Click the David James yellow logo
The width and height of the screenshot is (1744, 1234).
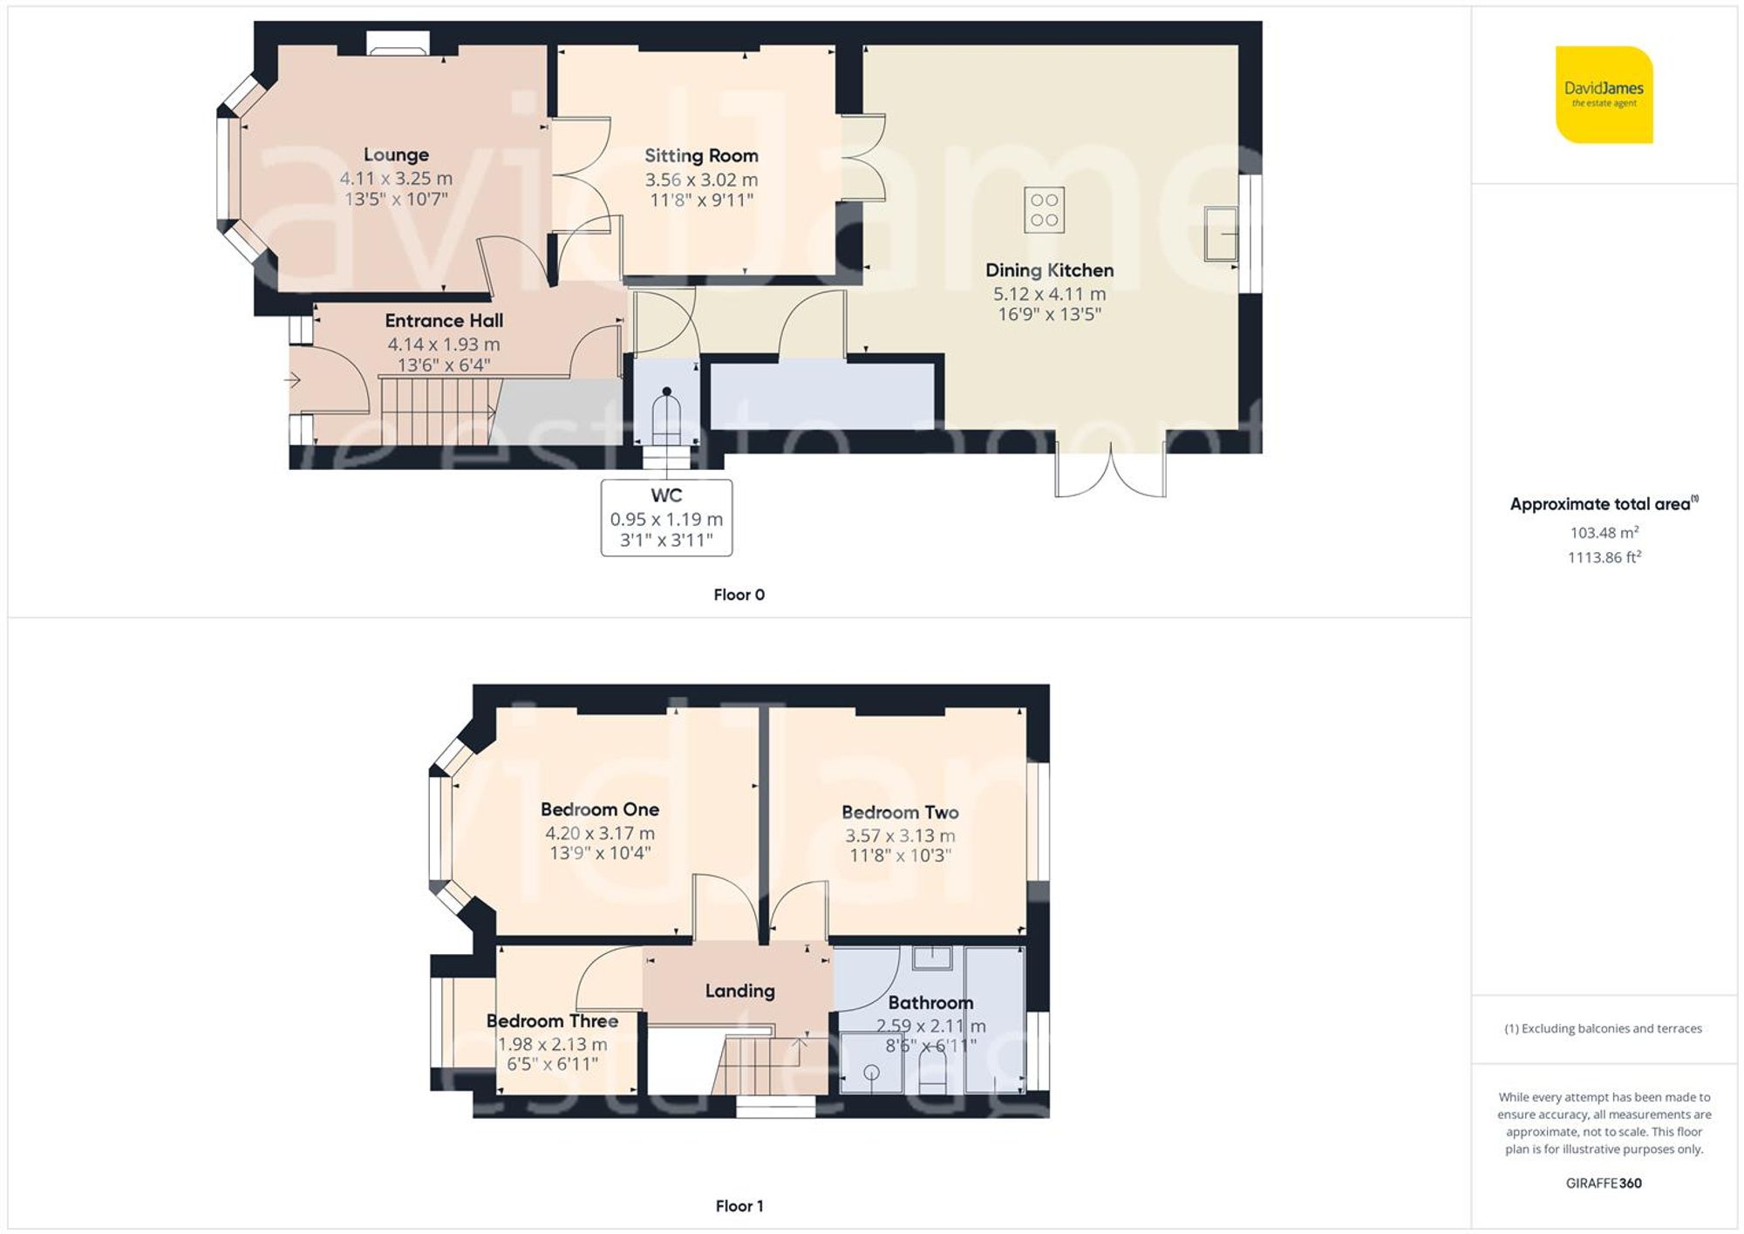1604,94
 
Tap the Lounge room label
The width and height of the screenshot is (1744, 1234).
396,155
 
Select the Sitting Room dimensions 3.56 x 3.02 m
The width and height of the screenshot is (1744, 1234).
701,180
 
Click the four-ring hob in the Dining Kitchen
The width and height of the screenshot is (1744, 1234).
1044,209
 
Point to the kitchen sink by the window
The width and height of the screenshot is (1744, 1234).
1220,233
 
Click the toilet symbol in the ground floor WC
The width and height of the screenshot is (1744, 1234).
666,417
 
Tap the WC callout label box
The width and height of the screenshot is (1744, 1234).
666,517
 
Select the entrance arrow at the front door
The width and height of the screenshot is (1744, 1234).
292,380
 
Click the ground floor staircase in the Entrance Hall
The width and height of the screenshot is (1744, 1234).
436,410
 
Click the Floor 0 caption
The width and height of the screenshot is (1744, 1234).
739,595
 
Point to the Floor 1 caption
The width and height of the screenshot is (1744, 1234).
739,1206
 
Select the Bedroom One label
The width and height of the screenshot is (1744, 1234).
600,809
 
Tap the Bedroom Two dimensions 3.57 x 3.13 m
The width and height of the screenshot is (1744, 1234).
900,835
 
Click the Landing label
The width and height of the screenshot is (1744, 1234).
739,991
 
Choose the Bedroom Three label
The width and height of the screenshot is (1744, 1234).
552,1020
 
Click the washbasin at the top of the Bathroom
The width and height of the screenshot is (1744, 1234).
932,958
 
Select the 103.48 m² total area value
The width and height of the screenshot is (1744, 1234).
1604,532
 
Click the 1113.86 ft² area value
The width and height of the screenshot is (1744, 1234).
1604,557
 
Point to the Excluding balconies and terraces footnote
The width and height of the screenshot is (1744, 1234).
1603,1028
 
